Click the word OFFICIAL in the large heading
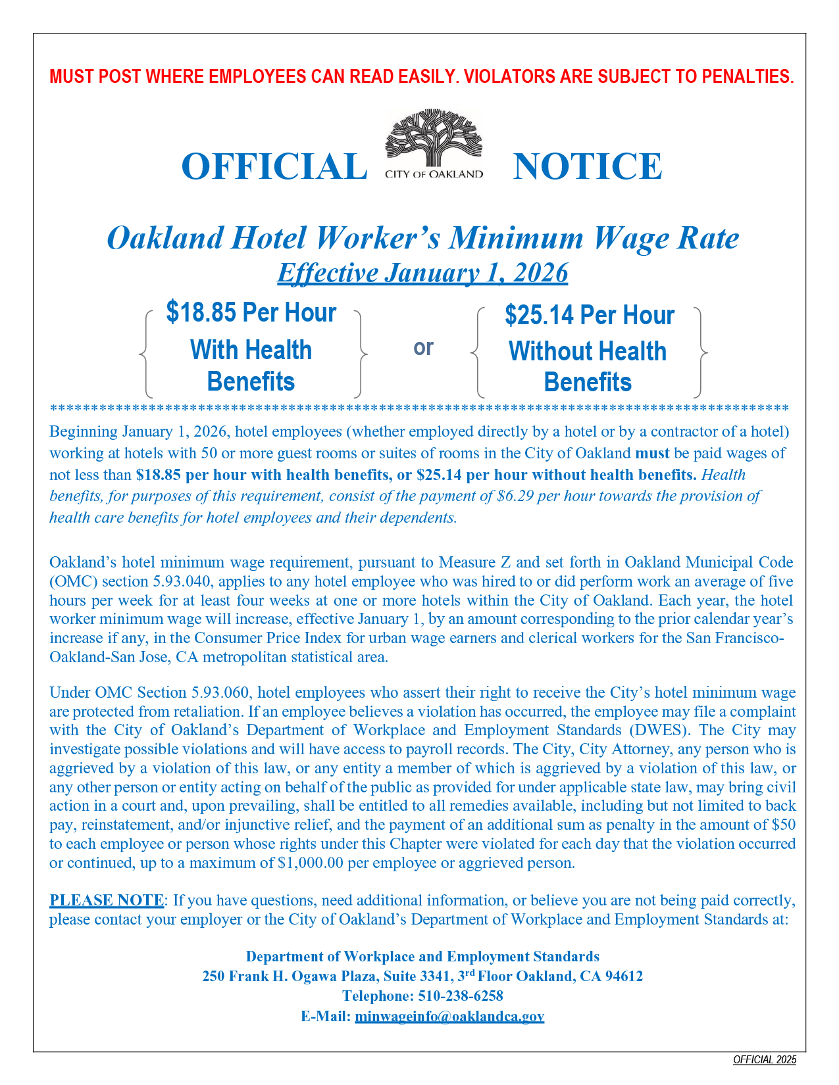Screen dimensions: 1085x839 pyautogui.click(x=274, y=166)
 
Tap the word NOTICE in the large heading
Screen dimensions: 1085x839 pyautogui.click(x=587, y=166)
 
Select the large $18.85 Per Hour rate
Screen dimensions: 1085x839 pyautogui.click(x=251, y=312)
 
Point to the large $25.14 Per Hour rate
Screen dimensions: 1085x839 pyautogui.click(x=589, y=315)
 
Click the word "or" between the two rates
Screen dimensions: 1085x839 pyautogui.click(x=423, y=347)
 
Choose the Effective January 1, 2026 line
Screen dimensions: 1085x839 pyautogui.click(x=422, y=273)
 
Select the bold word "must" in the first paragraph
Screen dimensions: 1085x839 pyautogui.click(x=652, y=453)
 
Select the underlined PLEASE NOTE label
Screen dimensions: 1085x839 pyautogui.click(x=107, y=900)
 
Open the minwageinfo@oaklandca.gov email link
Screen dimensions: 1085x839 pyautogui.click(x=449, y=1016)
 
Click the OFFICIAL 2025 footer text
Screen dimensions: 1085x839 pyautogui.click(x=765, y=1059)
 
